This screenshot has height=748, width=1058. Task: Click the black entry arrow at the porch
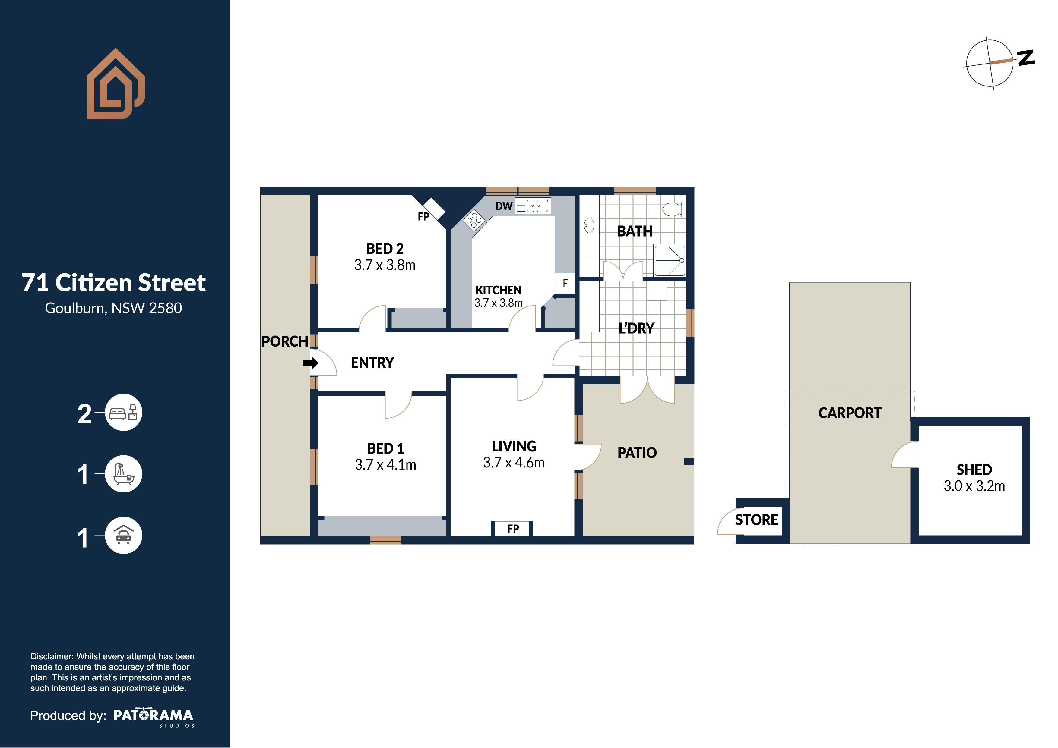311,363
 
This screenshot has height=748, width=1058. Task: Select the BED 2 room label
385,249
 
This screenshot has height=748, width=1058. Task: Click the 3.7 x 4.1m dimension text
385,465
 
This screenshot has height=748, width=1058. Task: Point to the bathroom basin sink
589,226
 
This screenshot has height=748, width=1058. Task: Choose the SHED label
974,470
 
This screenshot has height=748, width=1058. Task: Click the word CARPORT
850,413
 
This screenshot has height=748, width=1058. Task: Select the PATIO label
637,453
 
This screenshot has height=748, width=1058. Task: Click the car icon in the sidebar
123,535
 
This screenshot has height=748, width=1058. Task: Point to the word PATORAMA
154,715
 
